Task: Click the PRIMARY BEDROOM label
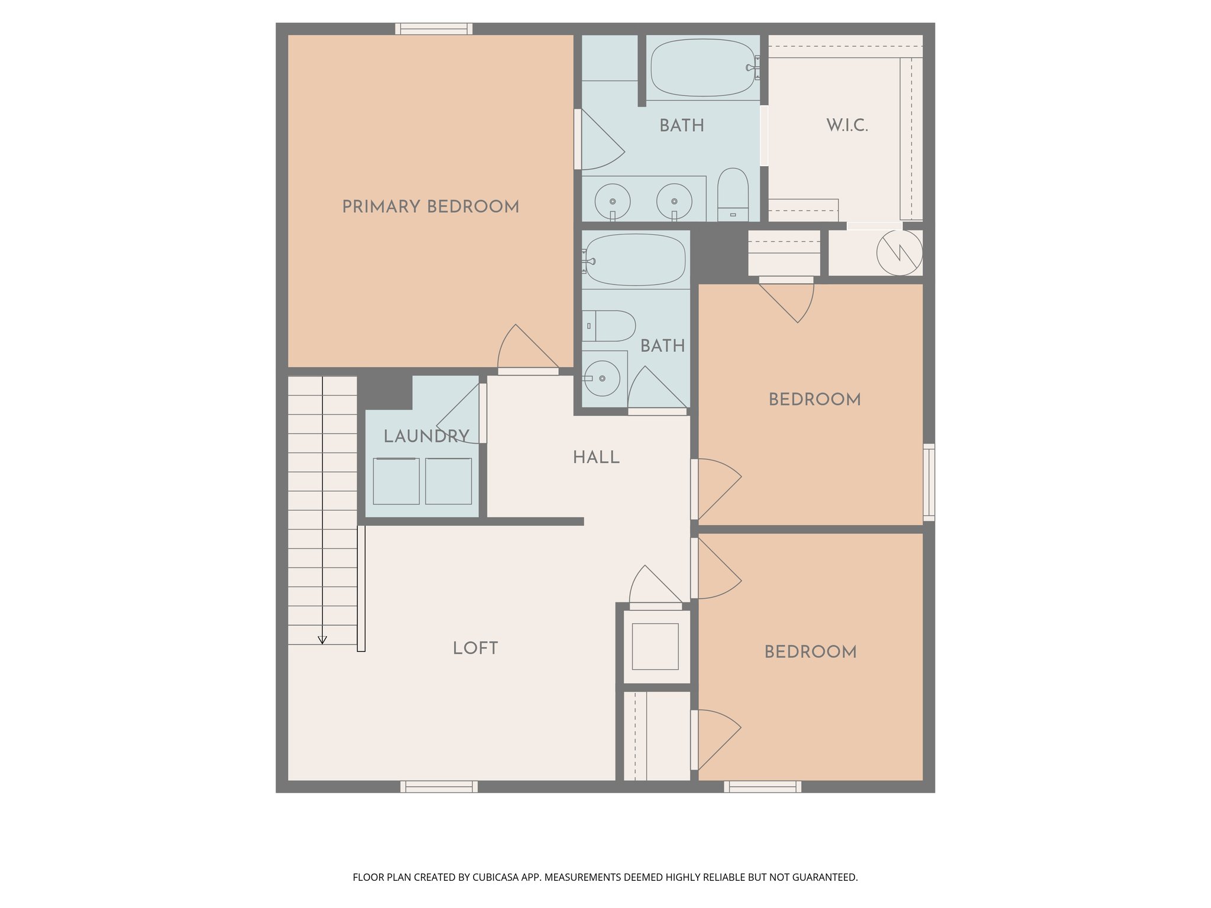click(430, 206)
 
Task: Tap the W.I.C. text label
click(847, 125)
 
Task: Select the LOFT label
click(475, 648)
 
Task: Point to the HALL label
click(596, 457)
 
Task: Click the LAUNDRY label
click(426, 436)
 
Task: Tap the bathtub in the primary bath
click(702, 68)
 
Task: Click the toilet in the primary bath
click(733, 196)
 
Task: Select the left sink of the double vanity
click(612, 202)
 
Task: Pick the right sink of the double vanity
click(674, 202)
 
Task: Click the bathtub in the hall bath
click(636, 260)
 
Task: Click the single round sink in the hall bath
click(602, 378)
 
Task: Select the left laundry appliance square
click(396, 481)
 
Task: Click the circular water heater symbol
click(899, 252)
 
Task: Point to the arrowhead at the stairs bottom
click(322, 640)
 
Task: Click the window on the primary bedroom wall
click(433, 28)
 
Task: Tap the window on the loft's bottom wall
click(439, 786)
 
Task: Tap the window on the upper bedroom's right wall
click(929, 482)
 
